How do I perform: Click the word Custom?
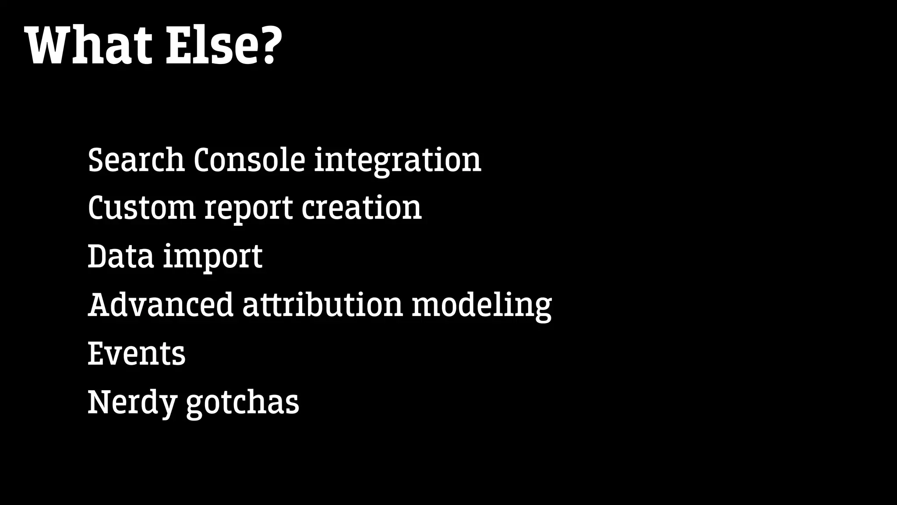[x=141, y=208]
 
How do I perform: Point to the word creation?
[x=362, y=208]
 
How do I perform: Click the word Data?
[x=121, y=256]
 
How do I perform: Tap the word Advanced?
[x=161, y=305]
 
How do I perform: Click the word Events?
[x=137, y=354]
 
